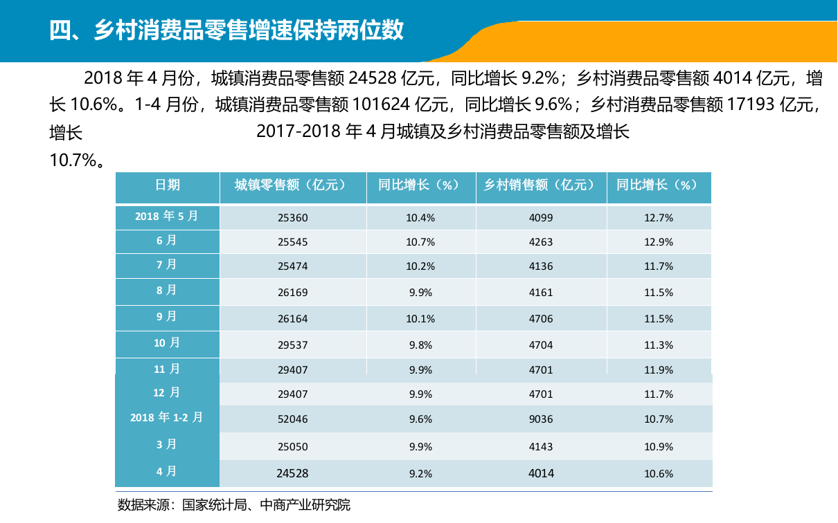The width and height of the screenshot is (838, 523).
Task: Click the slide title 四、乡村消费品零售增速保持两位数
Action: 226,30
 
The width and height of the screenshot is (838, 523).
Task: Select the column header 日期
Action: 167,185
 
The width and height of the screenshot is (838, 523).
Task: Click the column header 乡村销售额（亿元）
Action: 540,185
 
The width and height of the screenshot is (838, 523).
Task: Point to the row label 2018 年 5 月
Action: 167,217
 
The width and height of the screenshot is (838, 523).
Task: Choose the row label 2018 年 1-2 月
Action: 167,418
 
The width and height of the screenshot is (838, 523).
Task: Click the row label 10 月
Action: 167,343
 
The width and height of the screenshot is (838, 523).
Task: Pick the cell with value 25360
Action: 292,218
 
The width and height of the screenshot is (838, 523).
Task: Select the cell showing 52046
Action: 292,419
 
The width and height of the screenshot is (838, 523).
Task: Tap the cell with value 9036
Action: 540,419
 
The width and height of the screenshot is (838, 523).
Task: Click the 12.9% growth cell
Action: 658,242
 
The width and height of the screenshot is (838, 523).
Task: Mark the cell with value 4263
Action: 540,242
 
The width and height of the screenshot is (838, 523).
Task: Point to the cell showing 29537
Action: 292,345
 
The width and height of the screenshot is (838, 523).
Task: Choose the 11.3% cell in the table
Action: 658,345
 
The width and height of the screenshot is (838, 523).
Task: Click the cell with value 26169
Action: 292,293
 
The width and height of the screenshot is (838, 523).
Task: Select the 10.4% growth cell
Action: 420,218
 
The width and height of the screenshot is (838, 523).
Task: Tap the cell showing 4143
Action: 540,447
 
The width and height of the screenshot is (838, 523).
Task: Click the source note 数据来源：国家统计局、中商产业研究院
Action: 234,505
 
